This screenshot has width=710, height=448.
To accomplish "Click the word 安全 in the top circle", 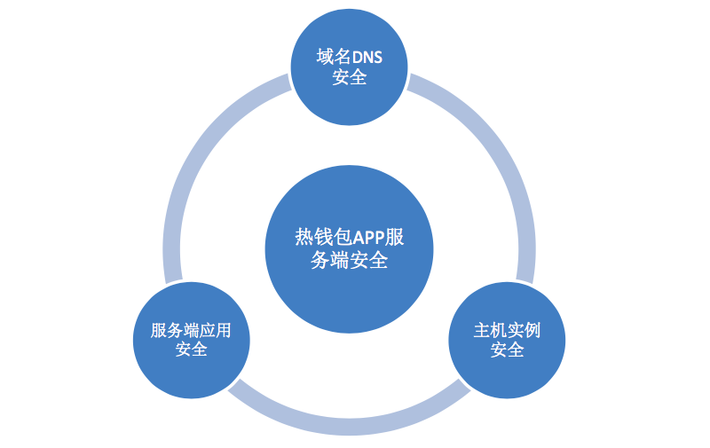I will [x=350, y=77].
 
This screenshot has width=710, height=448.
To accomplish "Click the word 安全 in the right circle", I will [x=507, y=350].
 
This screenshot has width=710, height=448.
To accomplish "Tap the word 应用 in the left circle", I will [x=216, y=330].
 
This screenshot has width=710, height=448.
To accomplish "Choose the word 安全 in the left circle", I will [x=191, y=350].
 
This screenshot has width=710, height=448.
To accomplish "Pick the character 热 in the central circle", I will [x=304, y=237].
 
